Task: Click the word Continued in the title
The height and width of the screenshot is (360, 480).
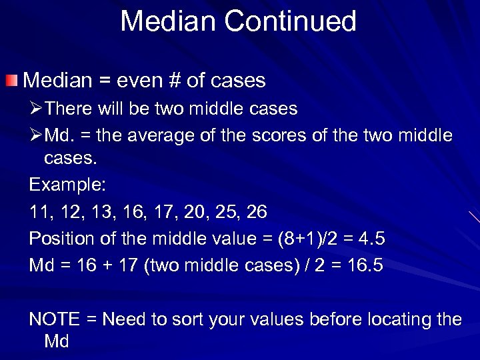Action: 291,21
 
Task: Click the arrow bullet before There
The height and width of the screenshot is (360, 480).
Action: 36,108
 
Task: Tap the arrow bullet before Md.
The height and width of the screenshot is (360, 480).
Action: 36,136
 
